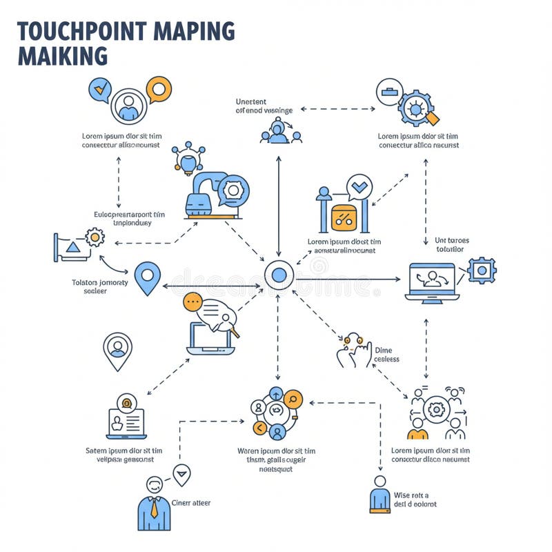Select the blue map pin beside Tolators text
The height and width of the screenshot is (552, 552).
click(147, 277)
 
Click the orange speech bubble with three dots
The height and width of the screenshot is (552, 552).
click(193, 302)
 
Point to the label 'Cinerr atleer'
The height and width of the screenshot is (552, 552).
click(191, 503)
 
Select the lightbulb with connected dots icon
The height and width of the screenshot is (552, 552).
click(188, 158)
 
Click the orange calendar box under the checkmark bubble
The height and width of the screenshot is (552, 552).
click(344, 217)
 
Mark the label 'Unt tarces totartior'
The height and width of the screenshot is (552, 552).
click(451, 245)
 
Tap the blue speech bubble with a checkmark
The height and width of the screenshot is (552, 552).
click(100, 90)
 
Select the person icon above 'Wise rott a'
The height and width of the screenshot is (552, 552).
click(379, 493)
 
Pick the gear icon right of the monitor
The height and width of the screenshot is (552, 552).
click(482, 270)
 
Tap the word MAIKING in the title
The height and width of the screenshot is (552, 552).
click(62, 55)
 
